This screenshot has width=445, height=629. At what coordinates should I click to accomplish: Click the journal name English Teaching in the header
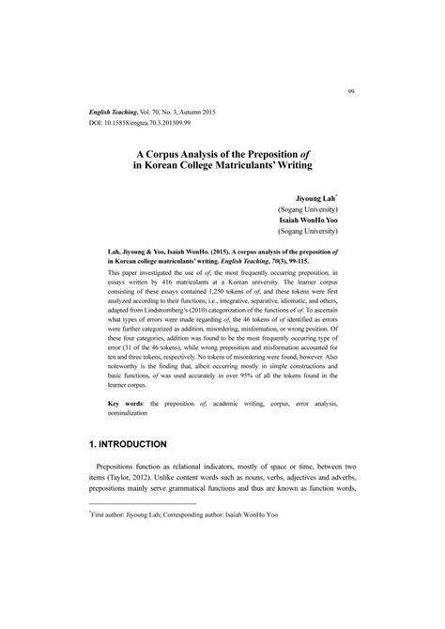pyautogui.click(x=115, y=111)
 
